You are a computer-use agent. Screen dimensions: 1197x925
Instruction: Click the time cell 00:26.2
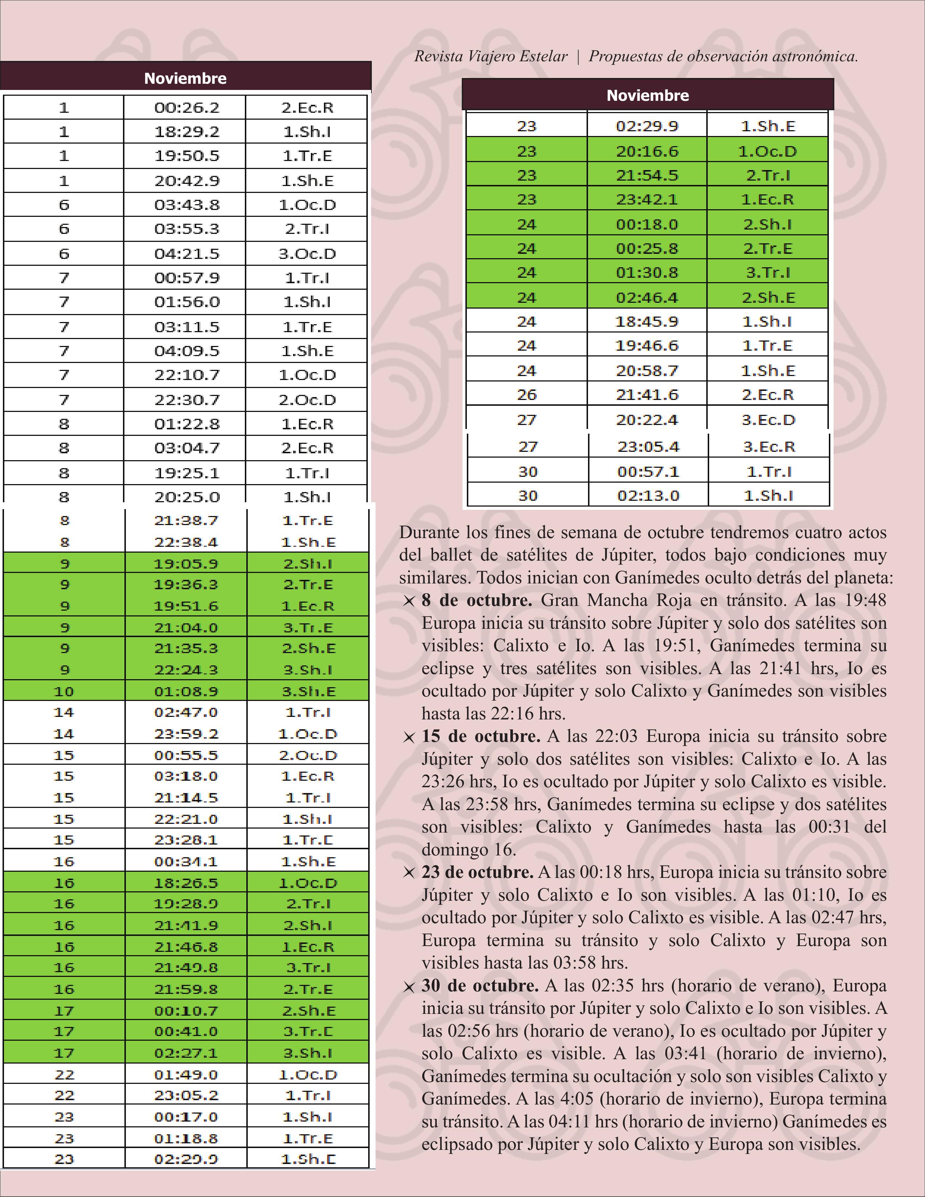[x=186, y=107]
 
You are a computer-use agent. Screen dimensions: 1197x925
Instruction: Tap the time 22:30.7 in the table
[x=186, y=400]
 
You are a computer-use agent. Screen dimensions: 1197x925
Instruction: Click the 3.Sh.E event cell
[x=308, y=691]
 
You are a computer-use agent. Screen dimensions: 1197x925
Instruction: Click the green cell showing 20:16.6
[x=647, y=151]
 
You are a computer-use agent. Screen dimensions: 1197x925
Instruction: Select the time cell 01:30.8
[x=647, y=272]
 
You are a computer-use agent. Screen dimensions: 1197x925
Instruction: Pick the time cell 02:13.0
[x=648, y=495]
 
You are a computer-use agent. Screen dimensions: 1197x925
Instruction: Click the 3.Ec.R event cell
[x=769, y=447]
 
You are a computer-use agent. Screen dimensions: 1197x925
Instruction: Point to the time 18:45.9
[x=647, y=322]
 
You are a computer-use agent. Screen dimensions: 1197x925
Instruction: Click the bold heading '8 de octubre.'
[x=477, y=600]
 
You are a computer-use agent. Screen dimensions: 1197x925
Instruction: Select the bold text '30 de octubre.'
[x=480, y=986]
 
